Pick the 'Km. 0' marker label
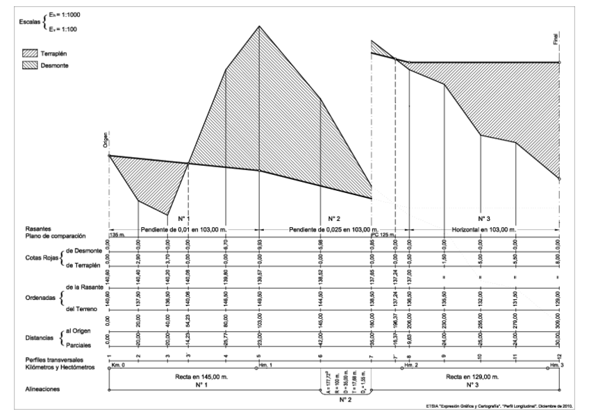tap(119, 364)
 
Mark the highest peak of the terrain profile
tap(259, 26)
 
